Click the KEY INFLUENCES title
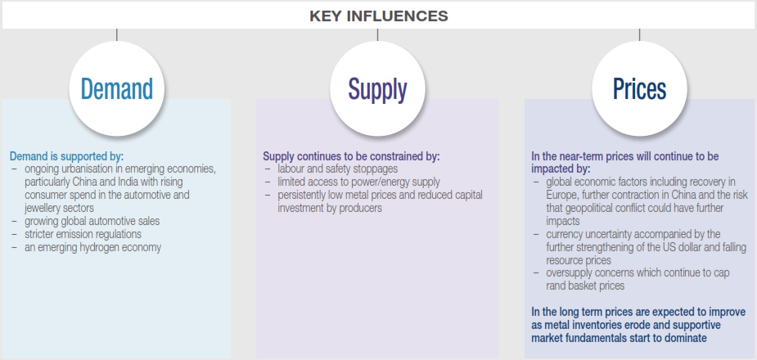pos(378,16)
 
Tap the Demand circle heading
pos(117,89)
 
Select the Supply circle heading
pos(377,90)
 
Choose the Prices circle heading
pos(640,89)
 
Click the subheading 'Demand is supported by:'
pos(66,157)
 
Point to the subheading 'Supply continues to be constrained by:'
pos(351,157)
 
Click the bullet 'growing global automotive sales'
pos(92,221)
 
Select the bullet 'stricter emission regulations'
pos(83,234)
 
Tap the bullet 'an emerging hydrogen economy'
pos(92,247)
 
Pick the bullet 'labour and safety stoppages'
pos(337,169)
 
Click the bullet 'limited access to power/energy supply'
pos(358,182)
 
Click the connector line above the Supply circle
pos(377,34)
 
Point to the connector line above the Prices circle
pos(640,34)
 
